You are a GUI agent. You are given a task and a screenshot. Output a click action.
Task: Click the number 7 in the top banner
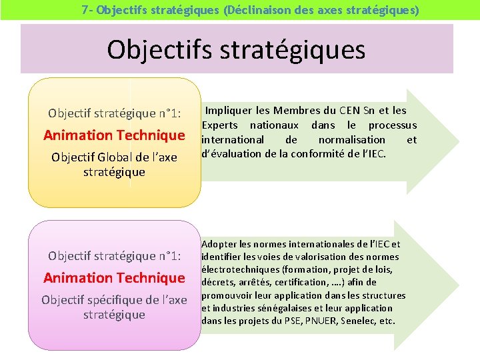[85, 10]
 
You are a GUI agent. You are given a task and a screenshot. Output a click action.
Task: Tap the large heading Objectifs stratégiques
[236, 49]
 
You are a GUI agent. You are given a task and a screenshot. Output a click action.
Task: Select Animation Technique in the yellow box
[114, 135]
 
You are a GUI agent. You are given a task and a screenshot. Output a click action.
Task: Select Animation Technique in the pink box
[114, 277]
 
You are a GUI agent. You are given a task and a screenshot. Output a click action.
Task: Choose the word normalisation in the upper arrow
[351, 140]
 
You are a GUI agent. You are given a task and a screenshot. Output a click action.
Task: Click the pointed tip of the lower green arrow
[459, 286]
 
